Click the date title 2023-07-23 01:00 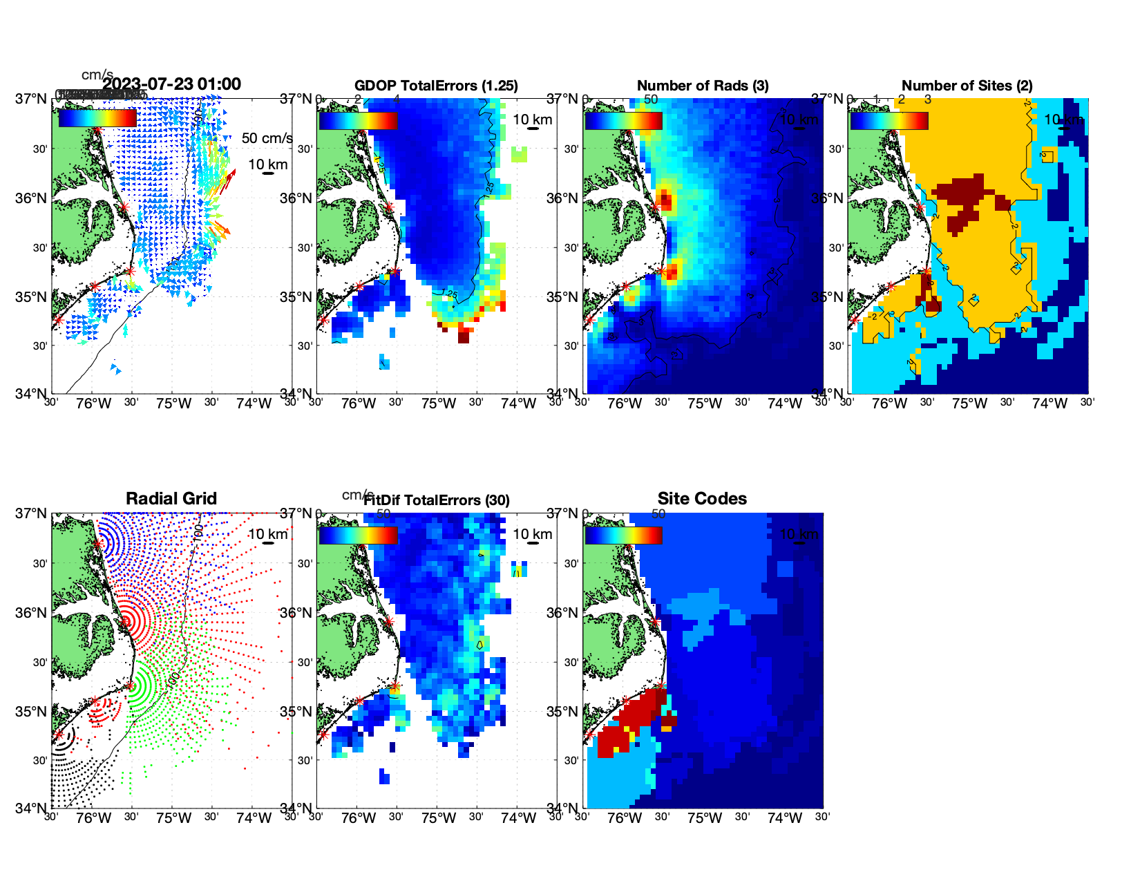172,84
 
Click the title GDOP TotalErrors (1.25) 436,86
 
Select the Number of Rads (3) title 703,86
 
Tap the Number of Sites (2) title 967,86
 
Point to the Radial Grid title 171,499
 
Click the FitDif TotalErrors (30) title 437,500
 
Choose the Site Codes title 702,499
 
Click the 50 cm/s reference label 267,138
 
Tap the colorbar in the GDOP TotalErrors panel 358,120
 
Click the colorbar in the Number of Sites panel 889,120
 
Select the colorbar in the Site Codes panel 623,535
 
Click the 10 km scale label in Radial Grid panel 267,534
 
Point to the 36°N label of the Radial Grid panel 32,613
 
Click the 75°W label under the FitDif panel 439,819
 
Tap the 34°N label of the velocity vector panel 32,394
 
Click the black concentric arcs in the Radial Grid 62,742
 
